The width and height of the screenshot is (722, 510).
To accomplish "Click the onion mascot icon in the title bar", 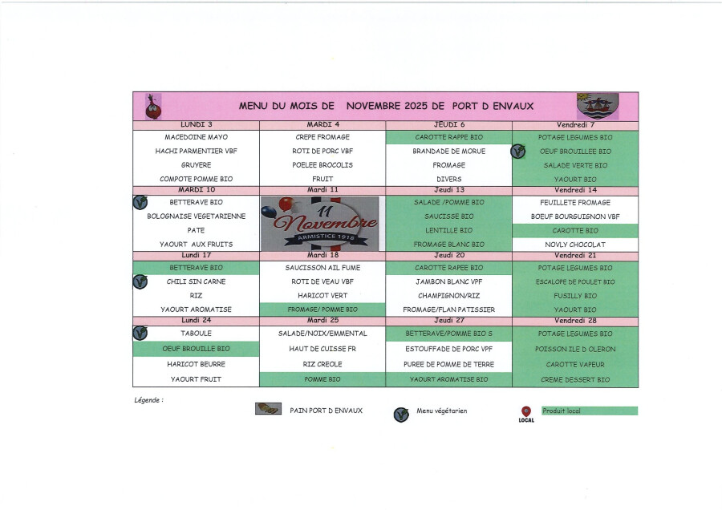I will click(x=152, y=106).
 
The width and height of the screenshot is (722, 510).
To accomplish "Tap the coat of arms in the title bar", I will click(x=598, y=105).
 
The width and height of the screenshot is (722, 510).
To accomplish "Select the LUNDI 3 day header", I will click(x=197, y=125).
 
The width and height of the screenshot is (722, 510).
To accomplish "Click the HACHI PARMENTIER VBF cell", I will click(x=197, y=151).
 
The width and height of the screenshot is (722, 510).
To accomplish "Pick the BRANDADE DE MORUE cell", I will click(x=449, y=151).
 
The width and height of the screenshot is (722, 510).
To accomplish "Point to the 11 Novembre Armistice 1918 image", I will click(x=320, y=221).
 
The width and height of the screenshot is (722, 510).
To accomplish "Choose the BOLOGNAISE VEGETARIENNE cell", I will click(x=197, y=217).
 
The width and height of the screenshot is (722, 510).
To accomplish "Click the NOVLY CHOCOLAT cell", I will click(x=575, y=245).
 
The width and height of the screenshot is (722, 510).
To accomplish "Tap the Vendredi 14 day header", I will click(x=575, y=190).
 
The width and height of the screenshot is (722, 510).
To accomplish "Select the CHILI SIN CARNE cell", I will click(x=197, y=281).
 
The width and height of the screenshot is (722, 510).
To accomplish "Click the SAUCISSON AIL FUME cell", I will click(x=323, y=268).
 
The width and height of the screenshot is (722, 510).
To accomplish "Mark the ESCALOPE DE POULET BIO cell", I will click(x=575, y=281).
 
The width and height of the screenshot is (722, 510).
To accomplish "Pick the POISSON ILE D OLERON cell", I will click(x=575, y=349).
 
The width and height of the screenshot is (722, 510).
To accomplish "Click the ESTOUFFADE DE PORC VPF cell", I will click(x=449, y=349).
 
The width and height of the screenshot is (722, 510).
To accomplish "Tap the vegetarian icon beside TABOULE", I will click(x=140, y=333).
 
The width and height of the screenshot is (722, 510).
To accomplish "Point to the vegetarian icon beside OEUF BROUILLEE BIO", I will click(x=518, y=151).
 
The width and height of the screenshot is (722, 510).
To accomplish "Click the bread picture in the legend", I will click(x=268, y=409).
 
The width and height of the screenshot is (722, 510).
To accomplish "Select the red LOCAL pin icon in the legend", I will click(x=526, y=412).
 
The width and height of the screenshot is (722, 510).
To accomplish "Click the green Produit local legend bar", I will click(x=589, y=411).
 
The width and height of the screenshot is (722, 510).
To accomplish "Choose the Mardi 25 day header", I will click(x=323, y=321).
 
